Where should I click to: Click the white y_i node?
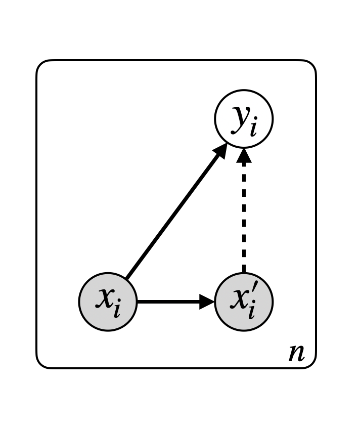244,119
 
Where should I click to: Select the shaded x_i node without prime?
108,302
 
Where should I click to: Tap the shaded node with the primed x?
244,302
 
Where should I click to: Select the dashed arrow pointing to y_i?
244,218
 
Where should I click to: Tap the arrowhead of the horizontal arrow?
207,302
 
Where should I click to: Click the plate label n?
297,353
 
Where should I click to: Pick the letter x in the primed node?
239,299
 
